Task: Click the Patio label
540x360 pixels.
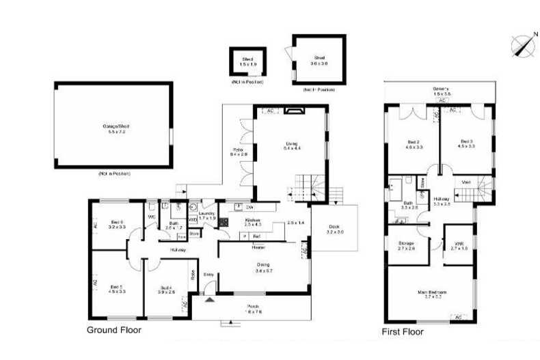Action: [238, 152]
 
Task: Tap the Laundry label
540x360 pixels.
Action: [206, 214]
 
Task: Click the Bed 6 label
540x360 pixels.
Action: [117, 223]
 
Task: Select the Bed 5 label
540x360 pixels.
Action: [116, 288]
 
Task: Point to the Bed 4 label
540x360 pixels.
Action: [166, 290]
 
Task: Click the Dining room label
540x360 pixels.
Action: [263, 267]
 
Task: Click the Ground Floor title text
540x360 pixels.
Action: [114, 330]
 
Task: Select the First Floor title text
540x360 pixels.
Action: [402, 332]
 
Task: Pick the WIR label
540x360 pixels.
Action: [459, 247]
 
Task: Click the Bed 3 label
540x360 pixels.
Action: [466, 142]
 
